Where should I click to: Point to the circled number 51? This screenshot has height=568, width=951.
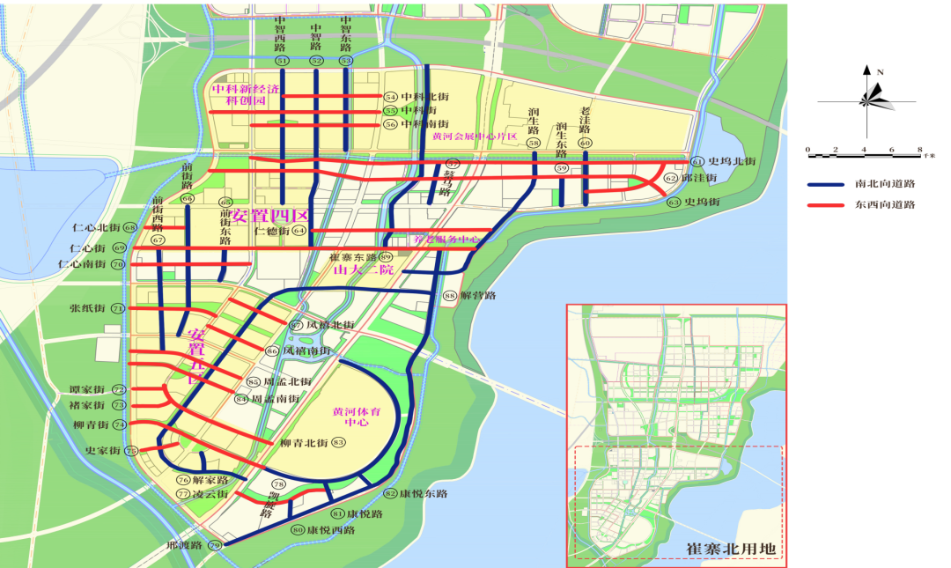click(x=282, y=61)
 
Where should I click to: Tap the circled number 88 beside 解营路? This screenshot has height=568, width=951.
click(x=449, y=296)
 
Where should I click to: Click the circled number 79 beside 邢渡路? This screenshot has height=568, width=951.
click(x=214, y=545)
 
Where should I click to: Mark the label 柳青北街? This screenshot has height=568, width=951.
click(x=304, y=442)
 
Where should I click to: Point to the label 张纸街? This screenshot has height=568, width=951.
click(x=87, y=309)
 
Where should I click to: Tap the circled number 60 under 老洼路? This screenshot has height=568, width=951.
click(x=584, y=143)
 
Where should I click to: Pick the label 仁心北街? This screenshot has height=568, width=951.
click(x=95, y=228)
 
